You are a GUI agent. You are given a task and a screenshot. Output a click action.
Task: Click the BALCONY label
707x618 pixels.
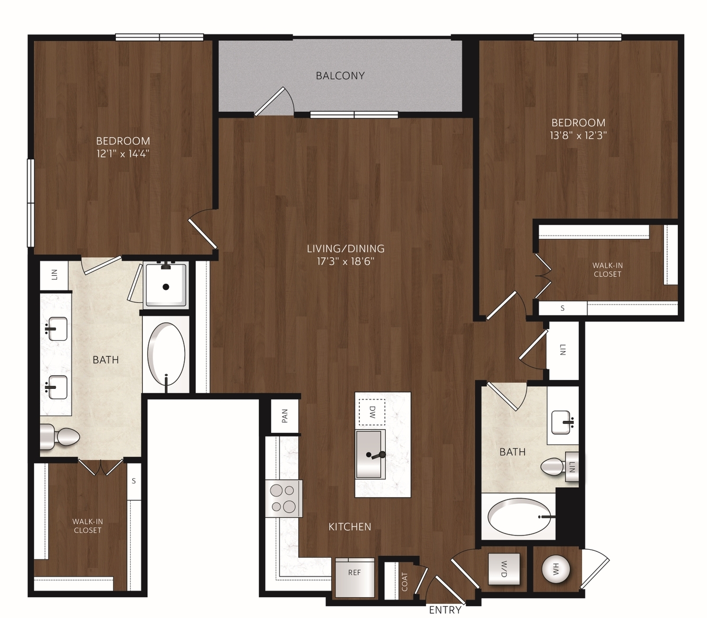click(340, 76)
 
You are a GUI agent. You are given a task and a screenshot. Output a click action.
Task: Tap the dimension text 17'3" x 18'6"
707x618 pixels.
click(346, 261)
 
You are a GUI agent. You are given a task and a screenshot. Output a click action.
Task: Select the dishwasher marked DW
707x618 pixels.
click(372, 412)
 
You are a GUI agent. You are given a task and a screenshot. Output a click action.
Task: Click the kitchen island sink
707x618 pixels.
click(371, 455)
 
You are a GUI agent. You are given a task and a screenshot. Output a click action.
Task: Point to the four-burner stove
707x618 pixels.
click(283, 498)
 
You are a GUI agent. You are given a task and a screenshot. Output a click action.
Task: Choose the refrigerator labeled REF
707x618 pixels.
click(355, 578)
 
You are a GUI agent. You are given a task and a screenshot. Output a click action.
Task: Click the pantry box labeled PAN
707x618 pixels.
click(285, 416)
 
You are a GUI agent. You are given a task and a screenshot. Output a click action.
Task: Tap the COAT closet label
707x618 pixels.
click(405, 582)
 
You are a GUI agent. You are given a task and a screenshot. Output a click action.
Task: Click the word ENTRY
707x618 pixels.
click(445, 610)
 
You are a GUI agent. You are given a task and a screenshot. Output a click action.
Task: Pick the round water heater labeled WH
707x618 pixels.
click(556, 569)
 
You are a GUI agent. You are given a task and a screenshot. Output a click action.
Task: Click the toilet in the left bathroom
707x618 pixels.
click(60, 437)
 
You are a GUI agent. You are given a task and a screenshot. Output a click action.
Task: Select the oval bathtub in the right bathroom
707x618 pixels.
click(518, 517)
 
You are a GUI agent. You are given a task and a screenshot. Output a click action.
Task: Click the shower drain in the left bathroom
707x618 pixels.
click(166, 287)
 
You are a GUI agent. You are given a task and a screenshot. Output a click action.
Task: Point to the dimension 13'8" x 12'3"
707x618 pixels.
click(578, 135)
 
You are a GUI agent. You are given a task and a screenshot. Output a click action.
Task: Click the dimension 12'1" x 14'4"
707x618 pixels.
click(123, 154)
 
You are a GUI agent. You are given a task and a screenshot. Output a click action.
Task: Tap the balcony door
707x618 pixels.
click(269, 101)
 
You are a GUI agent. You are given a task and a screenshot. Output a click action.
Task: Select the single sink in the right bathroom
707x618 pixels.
click(561, 422)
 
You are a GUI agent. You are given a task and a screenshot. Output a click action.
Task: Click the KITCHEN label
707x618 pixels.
click(350, 527)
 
